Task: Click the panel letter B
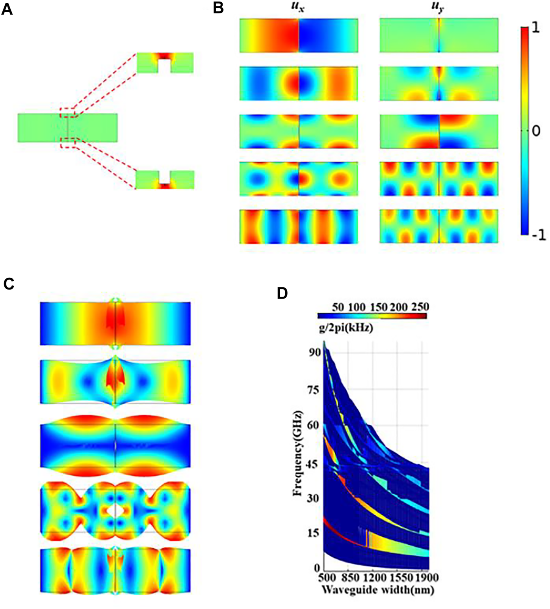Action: [218, 8]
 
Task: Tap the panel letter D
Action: [282, 293]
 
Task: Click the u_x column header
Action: [297, 8]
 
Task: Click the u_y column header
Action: [438, 8]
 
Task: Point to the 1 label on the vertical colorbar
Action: [535, 30]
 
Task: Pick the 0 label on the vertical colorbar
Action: [535, 131]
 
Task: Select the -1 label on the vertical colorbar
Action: [537, 235]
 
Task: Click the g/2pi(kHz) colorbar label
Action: [345, 328]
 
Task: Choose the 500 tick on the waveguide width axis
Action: [327, 578]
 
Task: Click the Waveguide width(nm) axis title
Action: [378, 590]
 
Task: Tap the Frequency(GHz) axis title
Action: [298, 453]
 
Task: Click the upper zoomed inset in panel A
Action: [165, 62]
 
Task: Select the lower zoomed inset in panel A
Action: [165, 179]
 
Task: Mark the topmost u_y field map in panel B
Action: [439, 35]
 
